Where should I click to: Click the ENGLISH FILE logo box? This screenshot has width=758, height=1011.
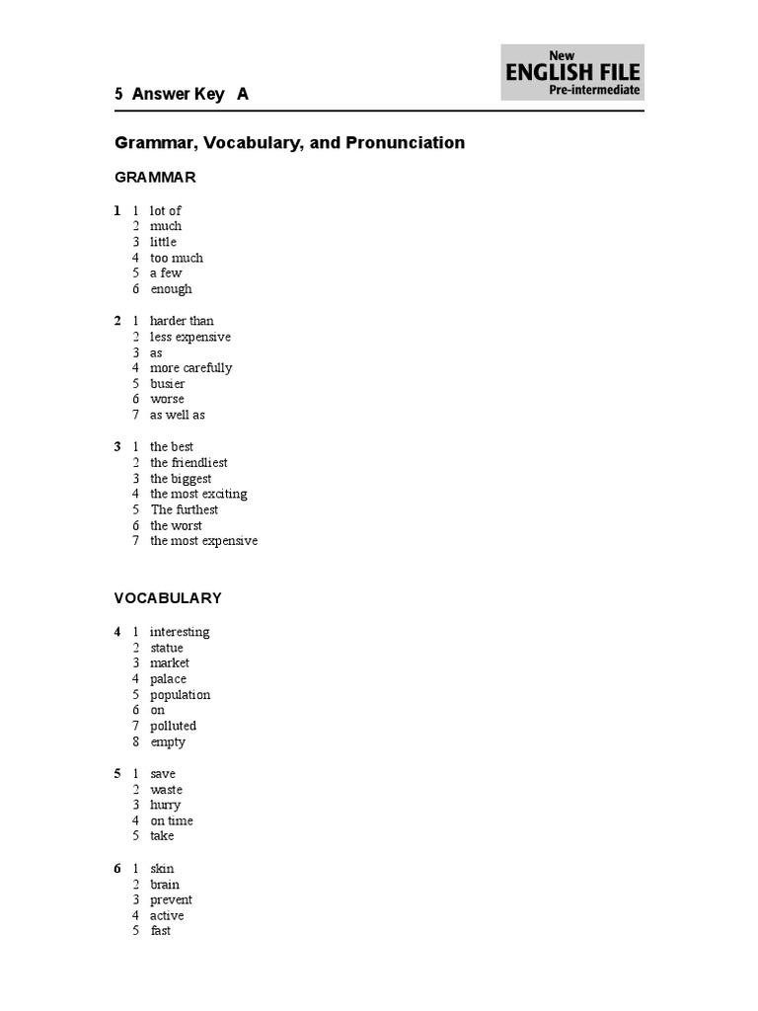click(572, 72)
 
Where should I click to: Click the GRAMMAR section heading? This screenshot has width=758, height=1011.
click(155, 178)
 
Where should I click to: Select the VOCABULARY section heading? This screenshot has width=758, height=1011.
click(168, 598)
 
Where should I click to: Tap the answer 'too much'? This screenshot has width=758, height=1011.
click(177, 258)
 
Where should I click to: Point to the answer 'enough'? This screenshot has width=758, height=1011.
click(172, 289)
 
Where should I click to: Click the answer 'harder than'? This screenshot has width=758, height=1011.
click(182, 321)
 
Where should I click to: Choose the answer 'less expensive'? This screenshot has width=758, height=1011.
click(190, 337)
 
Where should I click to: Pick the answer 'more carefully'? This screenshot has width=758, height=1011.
click(191, 368)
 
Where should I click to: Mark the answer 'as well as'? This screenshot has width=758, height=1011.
click(178, 416)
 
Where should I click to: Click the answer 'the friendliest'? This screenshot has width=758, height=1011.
click(189, 463)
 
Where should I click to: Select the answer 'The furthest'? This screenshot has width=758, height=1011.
click(185, 510)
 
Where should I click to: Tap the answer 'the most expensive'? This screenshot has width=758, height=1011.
click(203, 541)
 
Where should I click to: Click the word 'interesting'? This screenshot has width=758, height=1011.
click(180, 632)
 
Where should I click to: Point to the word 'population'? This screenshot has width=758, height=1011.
click(181, 695)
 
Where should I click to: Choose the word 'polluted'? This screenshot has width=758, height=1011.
click(174, 727)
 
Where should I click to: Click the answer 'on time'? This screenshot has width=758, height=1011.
click(172, 821)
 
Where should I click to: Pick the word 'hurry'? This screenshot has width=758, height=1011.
click(166, 806)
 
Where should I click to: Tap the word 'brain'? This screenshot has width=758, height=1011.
click(165, 885)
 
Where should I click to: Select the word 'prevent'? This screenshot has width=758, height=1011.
click(172, 900)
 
